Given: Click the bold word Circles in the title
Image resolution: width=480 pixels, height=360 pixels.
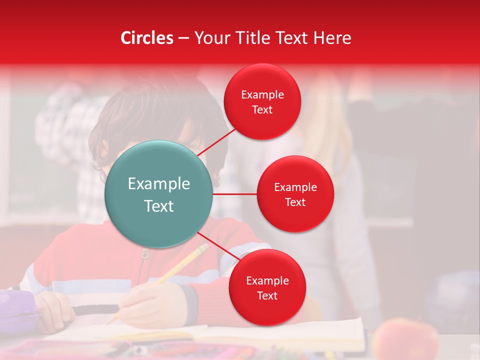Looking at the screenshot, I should (146, 38).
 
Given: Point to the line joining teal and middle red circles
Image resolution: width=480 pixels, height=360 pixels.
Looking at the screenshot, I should (234, 194).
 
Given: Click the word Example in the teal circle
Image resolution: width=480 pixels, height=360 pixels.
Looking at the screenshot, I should (158, 184).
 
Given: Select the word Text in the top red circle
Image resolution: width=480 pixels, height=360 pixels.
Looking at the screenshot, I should (262, 110).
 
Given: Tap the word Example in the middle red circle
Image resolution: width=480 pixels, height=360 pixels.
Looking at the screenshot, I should (295, 187).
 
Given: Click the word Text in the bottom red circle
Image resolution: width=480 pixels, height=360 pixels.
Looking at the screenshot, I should (267, 295).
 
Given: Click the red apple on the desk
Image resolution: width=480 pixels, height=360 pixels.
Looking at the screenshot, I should (405, 340).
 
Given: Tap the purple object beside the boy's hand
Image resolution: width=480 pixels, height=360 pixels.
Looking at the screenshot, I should (17, 310).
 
